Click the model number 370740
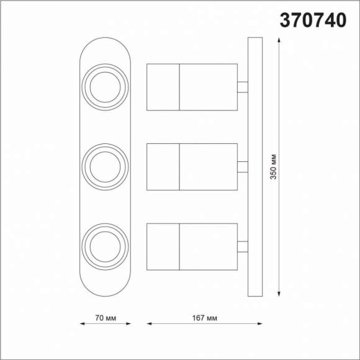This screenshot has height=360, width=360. point(313,20)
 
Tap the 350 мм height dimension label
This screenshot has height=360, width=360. point(273,166)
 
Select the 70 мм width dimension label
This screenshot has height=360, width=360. point(105,318)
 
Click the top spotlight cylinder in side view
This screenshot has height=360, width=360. point(192,87)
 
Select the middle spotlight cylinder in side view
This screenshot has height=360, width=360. point(192,166)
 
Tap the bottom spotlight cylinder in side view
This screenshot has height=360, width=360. point(192,246)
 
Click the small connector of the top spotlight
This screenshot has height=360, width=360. point(243,87)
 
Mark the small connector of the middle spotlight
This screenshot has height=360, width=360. point(243,166)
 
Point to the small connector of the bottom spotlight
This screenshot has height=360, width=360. point(243,246)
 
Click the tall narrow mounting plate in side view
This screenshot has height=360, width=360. point(254,166)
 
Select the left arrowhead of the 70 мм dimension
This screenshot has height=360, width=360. point(83,323)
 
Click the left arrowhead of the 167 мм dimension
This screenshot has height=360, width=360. point(150,323)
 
